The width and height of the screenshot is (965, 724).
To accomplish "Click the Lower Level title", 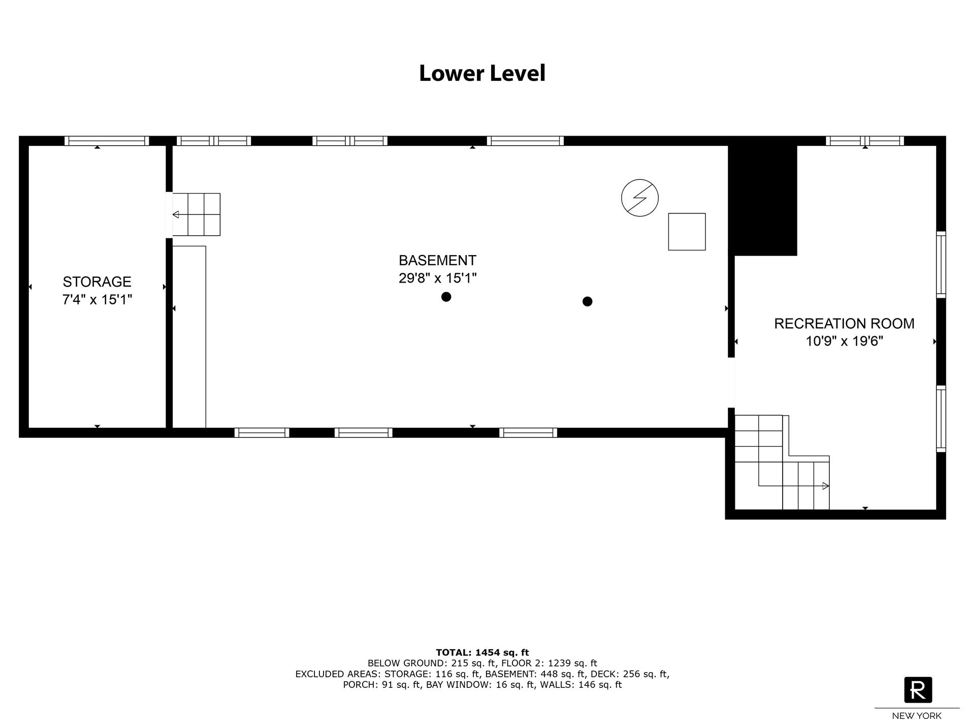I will pyautogui.click(x=482, y=73).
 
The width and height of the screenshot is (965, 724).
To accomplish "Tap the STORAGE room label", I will pyautogui.click(x=97, y=281).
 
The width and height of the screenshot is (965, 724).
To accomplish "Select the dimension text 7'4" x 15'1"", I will pyautogui.click(x=97, y=300).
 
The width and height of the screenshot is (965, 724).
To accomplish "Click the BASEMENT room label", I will pyautogui.click(x=437, y=260).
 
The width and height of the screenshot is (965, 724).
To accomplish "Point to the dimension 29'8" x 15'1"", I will pyautogui.click(x=437, y=278).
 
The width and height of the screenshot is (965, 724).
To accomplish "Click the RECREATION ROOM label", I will pyautogui.click(x=844, y=324).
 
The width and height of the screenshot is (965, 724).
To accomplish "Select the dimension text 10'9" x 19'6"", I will pyautogui.click(x=844, y=341).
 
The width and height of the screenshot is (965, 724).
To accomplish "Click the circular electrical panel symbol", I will pyautogui.click(x=640, y=198).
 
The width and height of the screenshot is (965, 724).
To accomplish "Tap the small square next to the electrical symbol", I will pyautogui.click(x=687, y=232).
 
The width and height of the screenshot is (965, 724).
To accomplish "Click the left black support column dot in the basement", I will pyautogui.click(x=446, y=297).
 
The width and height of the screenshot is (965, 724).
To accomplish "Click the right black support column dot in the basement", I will pyautogui.click(x=587, y=301).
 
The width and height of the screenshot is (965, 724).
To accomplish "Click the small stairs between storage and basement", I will pyautogui.click(x=197, y=214).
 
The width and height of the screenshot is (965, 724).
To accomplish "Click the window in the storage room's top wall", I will pyautogui.click(x=107, y=141).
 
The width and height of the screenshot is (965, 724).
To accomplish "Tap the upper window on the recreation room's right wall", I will pyautogui.click(x=941, y=264).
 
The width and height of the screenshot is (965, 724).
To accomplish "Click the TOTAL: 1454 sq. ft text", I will pyautogui.click(x=482, y=652).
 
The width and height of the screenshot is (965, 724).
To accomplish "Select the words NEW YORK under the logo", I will pyautogui.click(x=917, y=716).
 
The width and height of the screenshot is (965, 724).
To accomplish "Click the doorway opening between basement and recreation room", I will pyautogui.click(x=731, y=383).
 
